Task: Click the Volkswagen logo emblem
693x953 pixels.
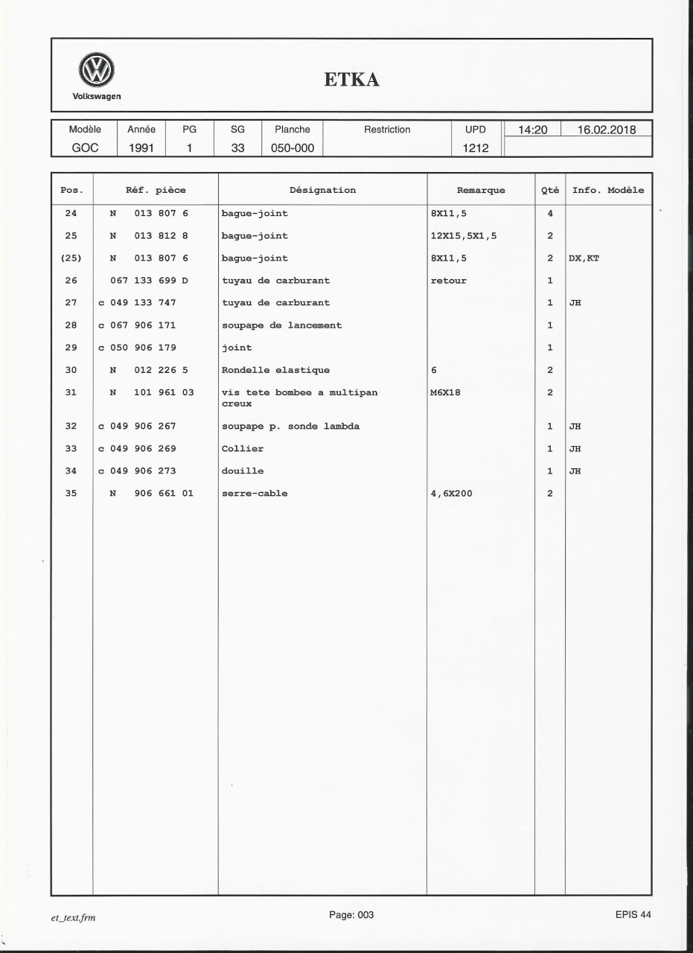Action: [96, 72]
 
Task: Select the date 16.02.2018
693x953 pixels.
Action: [607, 130]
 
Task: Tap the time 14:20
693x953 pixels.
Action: [532, 130]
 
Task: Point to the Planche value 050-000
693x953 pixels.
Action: [292, 147]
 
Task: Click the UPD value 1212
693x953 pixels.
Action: [475, 147]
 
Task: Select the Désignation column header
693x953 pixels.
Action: [322, 190]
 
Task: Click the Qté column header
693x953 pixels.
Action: [549, 190]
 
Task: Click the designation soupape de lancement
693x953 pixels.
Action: [281, 325]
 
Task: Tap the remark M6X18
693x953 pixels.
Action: [445, 392]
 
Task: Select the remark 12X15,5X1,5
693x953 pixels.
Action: [463, 236]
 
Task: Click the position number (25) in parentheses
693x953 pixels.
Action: [71, 258]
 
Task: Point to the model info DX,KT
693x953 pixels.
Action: [584, 258]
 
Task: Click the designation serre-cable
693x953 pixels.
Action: [255, 493]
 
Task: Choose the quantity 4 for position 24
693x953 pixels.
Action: [549, 214]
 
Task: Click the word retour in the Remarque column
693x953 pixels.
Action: [448, 281]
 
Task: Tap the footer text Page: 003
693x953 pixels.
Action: [351, 916]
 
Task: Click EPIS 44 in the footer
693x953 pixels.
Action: [633, 916]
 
